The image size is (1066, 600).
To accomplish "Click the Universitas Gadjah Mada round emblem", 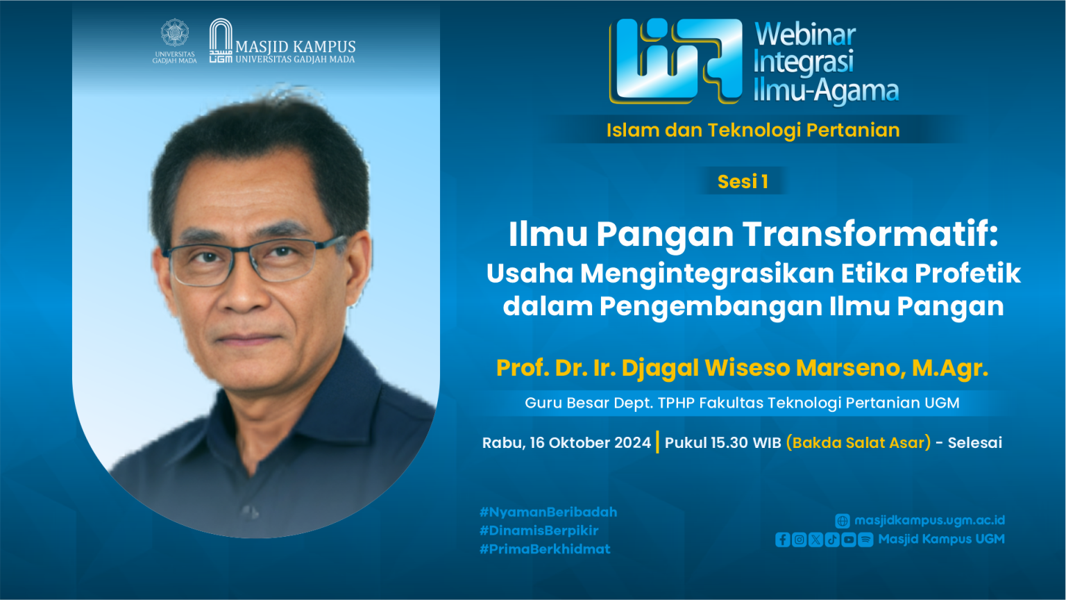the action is pos(175,33).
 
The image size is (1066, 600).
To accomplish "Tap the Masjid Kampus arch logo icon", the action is pos(221,40).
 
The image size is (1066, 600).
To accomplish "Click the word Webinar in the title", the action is pos(805,35).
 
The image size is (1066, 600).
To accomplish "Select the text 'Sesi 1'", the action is pos(743,181).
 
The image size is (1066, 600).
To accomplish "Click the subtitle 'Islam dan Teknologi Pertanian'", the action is pos(753,130).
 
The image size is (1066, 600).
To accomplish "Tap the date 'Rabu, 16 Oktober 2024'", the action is pos(566,443).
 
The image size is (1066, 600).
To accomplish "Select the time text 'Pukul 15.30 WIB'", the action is pos(723,443).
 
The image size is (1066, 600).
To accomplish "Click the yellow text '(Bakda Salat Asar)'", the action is pos(858,443).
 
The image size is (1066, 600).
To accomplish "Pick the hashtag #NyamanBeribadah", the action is pos(548,512).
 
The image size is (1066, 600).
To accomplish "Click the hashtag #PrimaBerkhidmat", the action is pos(545,549).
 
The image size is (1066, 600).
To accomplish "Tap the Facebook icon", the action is pos(782,540).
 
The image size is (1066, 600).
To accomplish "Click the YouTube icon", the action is pos(849,540).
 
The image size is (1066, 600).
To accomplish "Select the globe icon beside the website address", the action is pos(843,521).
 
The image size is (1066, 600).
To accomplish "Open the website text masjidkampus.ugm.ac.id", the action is pos(929,520).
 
